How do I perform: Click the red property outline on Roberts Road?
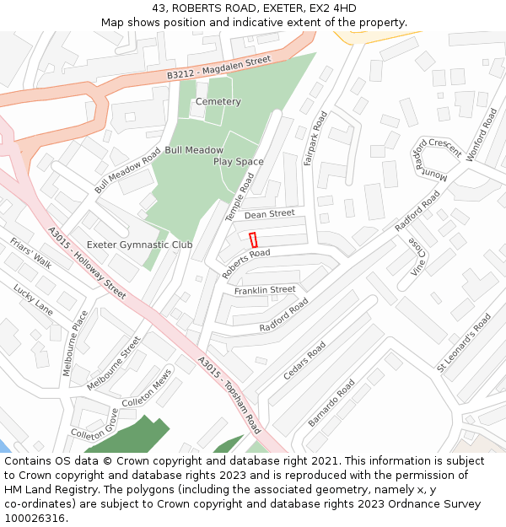tap(253, 239)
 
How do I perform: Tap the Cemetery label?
tap(218, 102)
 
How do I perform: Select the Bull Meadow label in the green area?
tap(194, 150)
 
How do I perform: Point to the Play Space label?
tap(238, 162)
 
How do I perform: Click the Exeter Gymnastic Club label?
tap(140, 245)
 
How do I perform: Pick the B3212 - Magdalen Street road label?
tap(218, 68)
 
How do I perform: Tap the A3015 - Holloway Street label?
tap(87, 262)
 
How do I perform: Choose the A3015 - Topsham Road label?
tap(230, 394)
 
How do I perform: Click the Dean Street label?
tap(269, 214)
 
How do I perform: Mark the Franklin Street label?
tap(265, 290)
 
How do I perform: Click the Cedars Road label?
tap(304, 360)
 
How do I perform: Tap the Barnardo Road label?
tap(331, 404)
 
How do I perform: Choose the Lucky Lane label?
tap(33, 300)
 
